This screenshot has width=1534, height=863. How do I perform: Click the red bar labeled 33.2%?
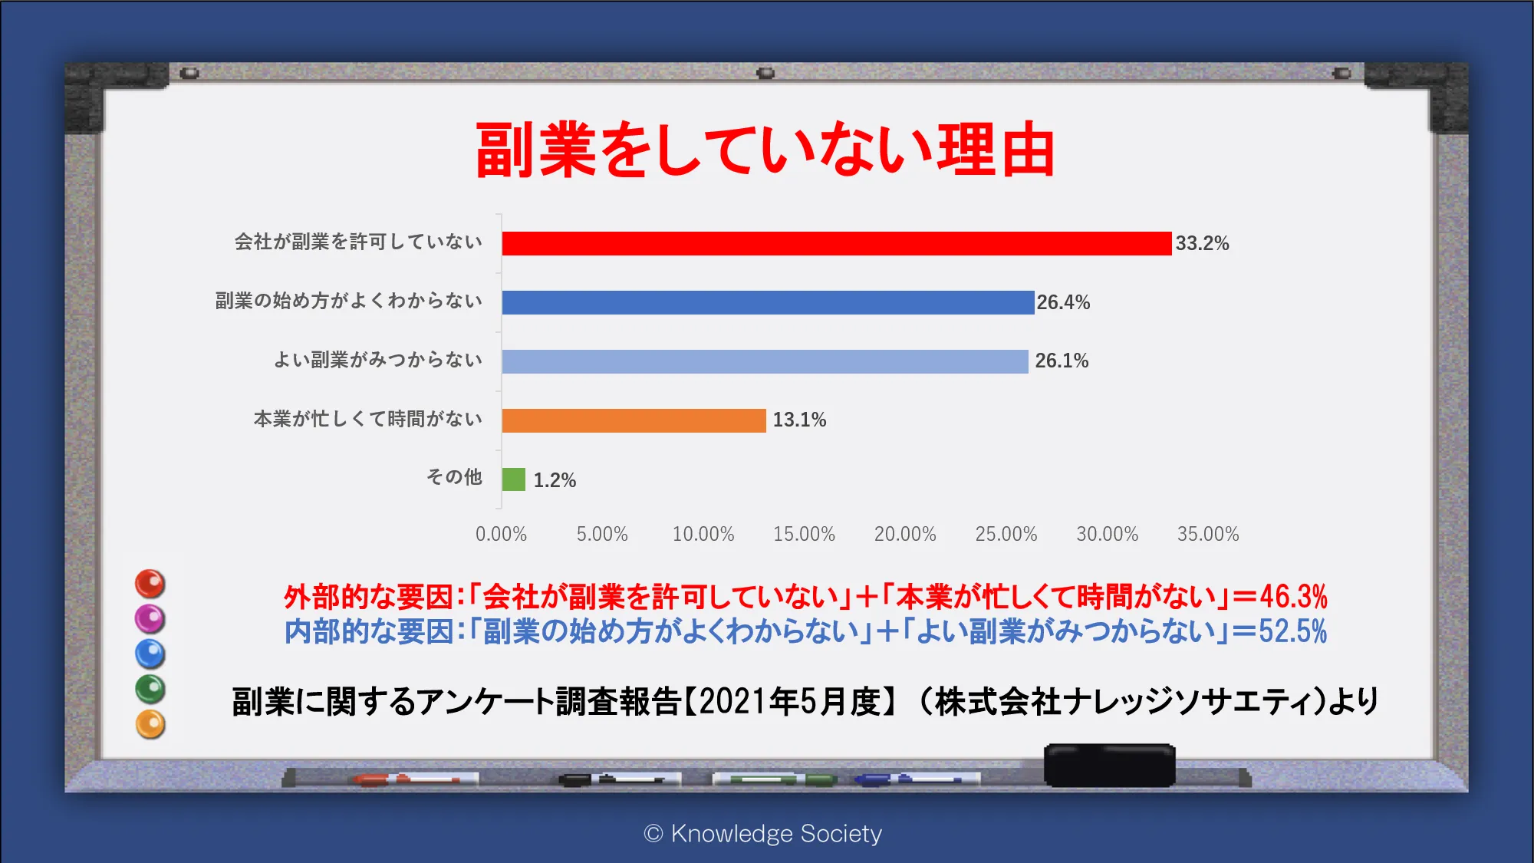[x=837, y=243]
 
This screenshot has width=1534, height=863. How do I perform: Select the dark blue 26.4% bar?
[x=769, y=302]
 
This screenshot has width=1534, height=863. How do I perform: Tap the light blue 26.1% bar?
[x=765, y=361]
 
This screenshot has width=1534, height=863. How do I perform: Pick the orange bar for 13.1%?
[x=634, y=420]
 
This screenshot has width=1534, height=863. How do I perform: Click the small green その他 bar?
[x=514, y=479]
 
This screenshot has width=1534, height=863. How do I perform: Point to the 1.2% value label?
[x=555, y=480]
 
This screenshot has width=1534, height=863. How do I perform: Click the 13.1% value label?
[x=799, y=420]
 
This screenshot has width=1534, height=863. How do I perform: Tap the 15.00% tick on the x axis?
[x=804, y=534]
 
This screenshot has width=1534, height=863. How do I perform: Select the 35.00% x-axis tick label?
[x=1208, y=534]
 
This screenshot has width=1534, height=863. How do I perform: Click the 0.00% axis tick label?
[x=501, y=534]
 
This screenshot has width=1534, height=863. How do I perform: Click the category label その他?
[x=454, y=477]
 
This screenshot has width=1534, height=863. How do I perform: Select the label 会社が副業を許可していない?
[x=358, y=242]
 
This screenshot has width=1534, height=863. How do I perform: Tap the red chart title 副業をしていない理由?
[x=765, y=150]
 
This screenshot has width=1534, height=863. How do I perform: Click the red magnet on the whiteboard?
[x=150, y=584]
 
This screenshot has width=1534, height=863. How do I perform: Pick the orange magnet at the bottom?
[x=150, y=725]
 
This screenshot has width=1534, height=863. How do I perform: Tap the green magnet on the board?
[x=150, y=689]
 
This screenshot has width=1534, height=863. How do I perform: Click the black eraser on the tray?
[x=1110, y=765]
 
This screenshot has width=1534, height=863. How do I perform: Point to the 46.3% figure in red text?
[x=1293, y=596]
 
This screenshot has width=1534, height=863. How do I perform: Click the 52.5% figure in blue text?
[x=1292, y=631]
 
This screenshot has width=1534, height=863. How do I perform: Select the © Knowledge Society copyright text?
[x=763, y=833]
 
